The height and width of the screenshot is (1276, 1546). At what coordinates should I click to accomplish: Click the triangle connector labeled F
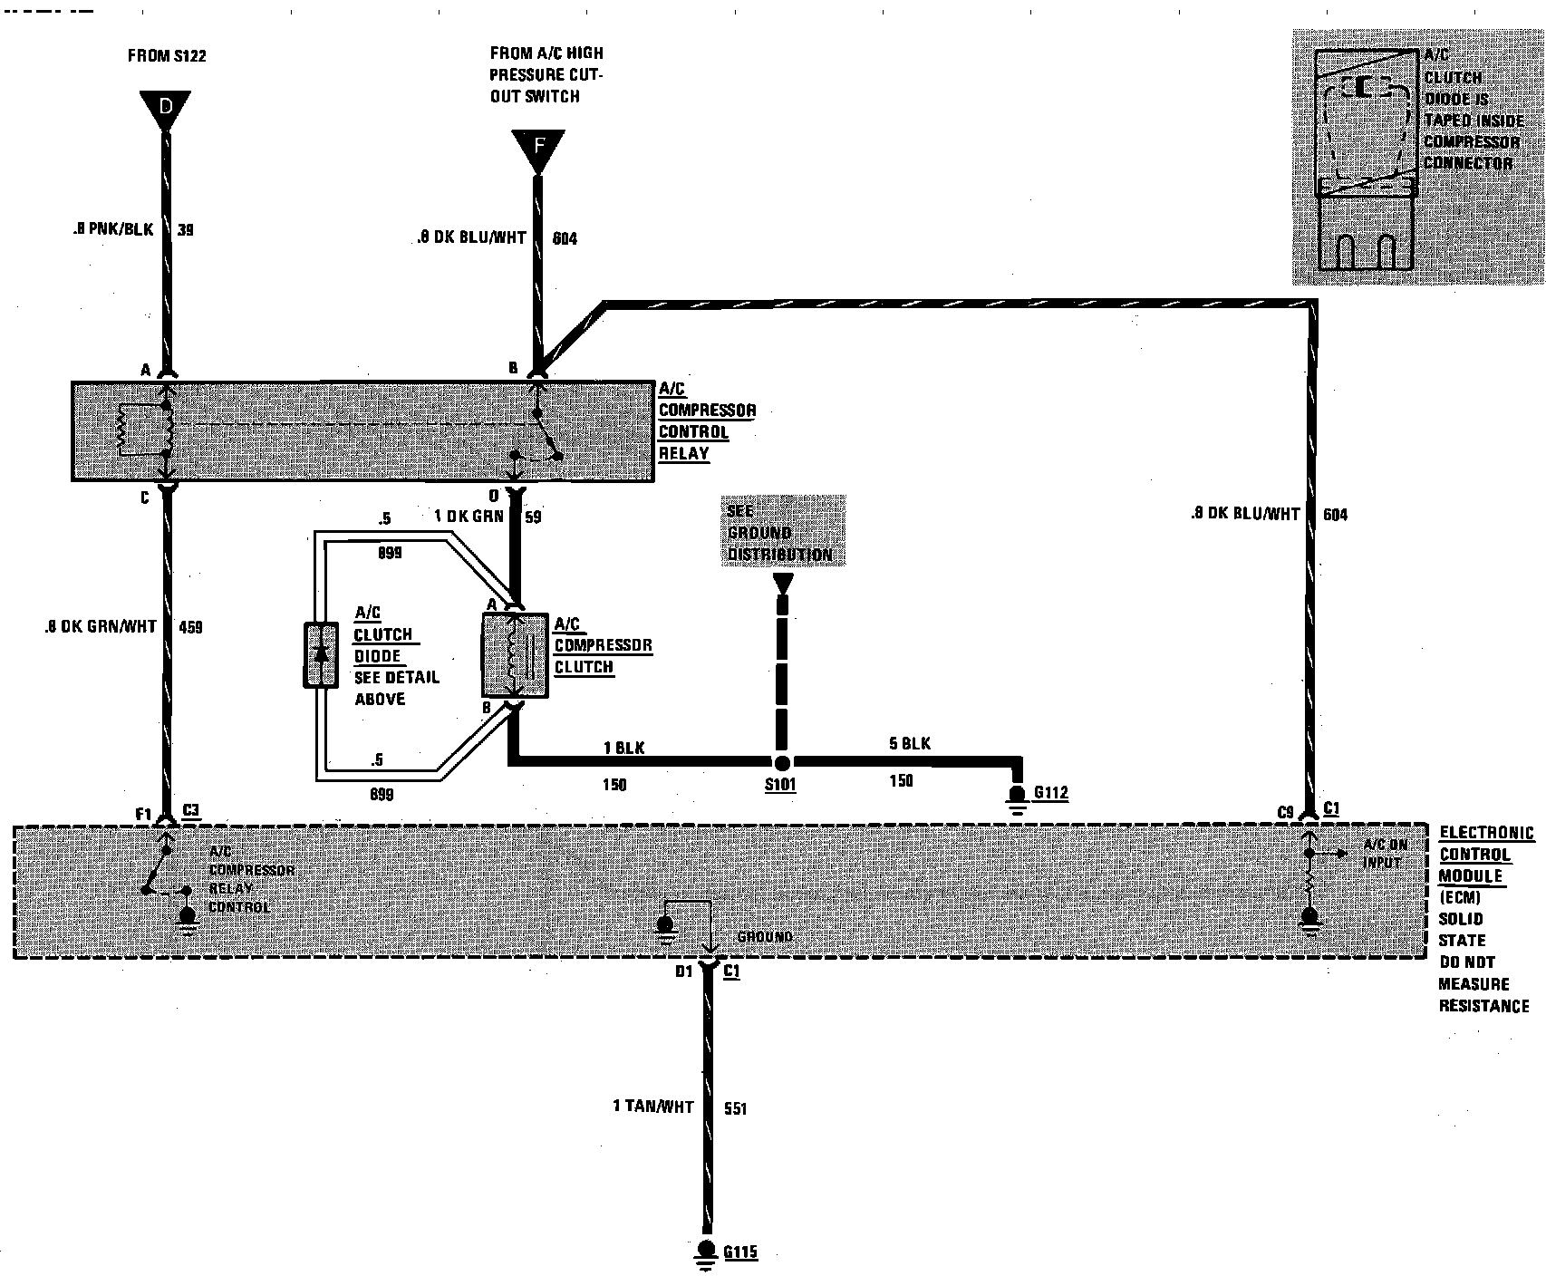(538, 148)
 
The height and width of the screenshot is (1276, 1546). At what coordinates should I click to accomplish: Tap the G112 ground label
(1051, 793)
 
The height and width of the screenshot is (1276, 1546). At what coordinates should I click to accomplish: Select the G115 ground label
(739, 1252)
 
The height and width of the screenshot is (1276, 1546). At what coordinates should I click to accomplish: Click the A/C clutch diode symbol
(320, 654)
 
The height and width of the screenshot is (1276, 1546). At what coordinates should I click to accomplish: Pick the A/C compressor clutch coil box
(514, 656)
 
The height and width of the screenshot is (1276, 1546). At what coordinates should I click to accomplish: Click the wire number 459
(190, 626)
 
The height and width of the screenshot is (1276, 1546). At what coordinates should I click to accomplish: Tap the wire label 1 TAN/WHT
(653, 1107)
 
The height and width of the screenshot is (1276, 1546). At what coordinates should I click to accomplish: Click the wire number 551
(735, 1108)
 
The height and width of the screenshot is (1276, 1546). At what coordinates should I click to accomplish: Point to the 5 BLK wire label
(910, 744)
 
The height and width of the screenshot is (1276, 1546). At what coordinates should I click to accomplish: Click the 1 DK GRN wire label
(468, 517)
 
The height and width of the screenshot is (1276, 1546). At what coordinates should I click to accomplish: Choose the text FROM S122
(167, 56)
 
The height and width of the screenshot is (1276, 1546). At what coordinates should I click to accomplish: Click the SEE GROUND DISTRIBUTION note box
(783, 532)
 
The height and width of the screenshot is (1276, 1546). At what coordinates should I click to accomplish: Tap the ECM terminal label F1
(144, 814)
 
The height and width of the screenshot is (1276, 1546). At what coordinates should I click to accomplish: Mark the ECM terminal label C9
(1285, 813)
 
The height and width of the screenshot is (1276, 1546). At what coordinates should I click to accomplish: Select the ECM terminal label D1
(684, 971)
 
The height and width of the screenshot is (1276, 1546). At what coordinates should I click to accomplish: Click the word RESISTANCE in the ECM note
(1484, 1005)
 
